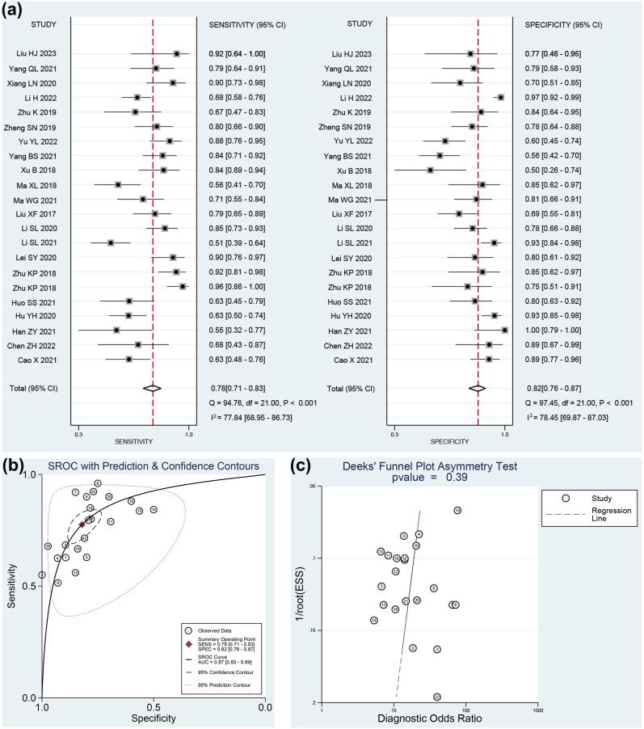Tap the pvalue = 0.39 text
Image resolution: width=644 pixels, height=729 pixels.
[x=431, y=478]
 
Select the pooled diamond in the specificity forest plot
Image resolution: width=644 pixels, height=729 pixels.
[x=478, y=388]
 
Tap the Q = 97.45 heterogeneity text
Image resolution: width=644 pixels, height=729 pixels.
[x=566, y=402]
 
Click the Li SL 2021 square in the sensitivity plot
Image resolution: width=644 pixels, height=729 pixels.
[x=111, y=242]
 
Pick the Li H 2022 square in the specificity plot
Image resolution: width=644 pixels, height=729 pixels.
[x=501, y=97]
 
